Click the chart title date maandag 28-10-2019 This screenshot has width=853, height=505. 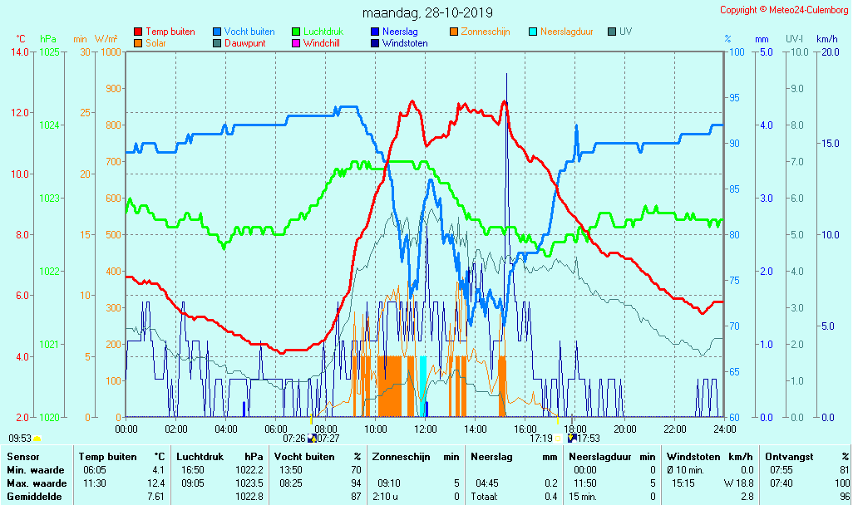[427, 12]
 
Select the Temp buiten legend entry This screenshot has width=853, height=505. [170, 32]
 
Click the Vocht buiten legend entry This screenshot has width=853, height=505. [249, 32]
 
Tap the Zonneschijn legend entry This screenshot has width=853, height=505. [485, 32]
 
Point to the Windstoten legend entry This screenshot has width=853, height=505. [405, 43]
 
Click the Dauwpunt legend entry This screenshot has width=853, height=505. [244, 43]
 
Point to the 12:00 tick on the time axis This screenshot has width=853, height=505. [426, 429]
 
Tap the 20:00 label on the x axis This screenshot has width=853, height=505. [625, 429]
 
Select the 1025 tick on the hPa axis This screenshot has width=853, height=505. [49, 52]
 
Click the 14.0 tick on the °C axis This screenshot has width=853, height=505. [19, 52]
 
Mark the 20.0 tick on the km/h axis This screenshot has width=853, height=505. [827, 52]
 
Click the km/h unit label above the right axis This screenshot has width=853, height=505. [826, 39]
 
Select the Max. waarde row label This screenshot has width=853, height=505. [36, 483]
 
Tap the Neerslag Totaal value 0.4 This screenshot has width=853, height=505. [550, 496]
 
